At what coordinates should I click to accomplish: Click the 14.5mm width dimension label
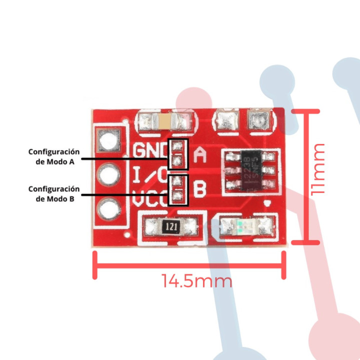(197, 281)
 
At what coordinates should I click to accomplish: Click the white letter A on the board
(200, 155)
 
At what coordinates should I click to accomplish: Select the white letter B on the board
(200, 190)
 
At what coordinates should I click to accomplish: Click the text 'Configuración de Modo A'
(54, 156)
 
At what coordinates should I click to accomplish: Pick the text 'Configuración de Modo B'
(54, 193)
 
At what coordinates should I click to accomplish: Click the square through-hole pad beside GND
(109, 140)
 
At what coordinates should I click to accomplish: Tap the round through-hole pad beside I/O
(109, 174)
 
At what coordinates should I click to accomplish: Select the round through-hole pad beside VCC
(109, 207)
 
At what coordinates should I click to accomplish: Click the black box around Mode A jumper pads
(177, 154)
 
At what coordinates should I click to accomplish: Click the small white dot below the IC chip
(268, 203)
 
